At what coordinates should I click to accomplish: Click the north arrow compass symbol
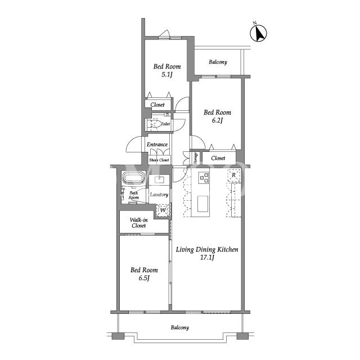[258, 33]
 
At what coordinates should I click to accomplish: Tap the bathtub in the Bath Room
[134, 178]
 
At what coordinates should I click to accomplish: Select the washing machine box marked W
[163, 210]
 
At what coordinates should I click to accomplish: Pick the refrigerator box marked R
[234, 175]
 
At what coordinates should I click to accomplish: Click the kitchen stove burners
[204, 178]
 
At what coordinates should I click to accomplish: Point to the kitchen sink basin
[202, 204]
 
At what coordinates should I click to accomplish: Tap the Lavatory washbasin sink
[159, 179]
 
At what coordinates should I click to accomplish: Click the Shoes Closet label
[159, 160]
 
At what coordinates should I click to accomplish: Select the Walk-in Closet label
[139, 223]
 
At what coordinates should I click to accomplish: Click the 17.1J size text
[207, 258]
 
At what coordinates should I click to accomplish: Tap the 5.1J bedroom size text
[166, 75]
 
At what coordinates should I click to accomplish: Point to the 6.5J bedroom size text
[144, 278]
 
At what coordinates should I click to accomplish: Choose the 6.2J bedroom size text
[217, 120]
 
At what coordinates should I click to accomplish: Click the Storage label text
[196, 159]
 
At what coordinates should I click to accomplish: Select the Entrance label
[157, 145]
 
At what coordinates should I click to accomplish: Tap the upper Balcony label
[218, 62]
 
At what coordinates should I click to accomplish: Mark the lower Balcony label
[180, 327]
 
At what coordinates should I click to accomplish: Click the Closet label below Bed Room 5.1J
[157, 105]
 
